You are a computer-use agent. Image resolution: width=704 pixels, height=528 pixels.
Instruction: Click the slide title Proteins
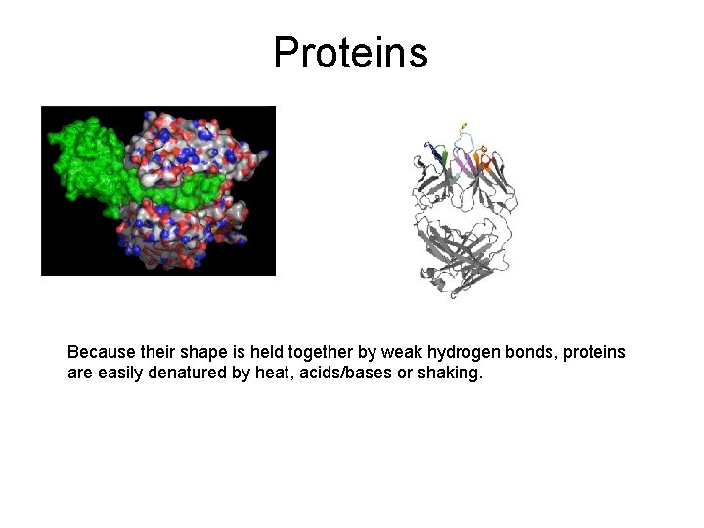point(350,53)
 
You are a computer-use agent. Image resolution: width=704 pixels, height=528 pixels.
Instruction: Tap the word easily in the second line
point(119,373)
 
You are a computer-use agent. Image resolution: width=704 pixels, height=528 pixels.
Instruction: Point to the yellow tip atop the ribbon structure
point(463,125)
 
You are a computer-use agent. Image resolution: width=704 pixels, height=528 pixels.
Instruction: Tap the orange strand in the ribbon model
point(486,156)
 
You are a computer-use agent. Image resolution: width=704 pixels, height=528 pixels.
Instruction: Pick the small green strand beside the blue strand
point(446,156)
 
